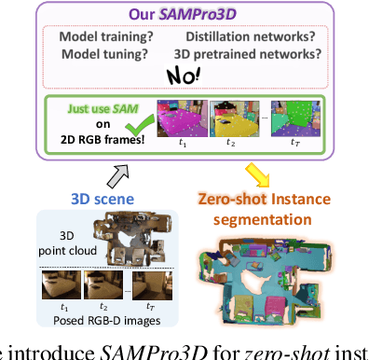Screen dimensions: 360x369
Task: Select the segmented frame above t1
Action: point(183,118)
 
